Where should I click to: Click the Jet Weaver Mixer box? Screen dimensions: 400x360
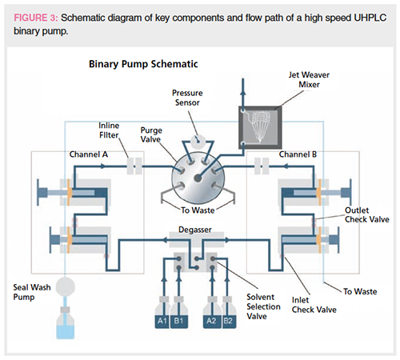coord(260,127)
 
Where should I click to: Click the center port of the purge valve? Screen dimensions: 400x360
coord(198,178)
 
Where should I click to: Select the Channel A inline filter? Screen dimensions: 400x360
coord(134,166)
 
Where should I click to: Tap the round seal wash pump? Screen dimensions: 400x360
coord(66,287)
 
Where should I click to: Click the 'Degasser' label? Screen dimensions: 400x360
coord(195,230)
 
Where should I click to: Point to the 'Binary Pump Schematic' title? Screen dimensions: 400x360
coord(143,64)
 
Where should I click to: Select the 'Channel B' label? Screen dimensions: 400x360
coord(298,154)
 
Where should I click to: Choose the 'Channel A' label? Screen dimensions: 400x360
coord(89,154)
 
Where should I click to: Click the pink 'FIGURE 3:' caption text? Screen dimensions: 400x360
coord(36,18)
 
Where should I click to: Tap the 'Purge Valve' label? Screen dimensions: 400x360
coord(151,134)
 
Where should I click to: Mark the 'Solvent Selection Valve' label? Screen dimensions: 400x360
coord(263,306)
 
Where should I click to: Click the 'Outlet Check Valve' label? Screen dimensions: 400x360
coord(367,214)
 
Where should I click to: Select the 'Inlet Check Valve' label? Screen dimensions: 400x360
coord(314,305)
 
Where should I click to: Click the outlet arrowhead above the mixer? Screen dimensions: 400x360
coord(243,92)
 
